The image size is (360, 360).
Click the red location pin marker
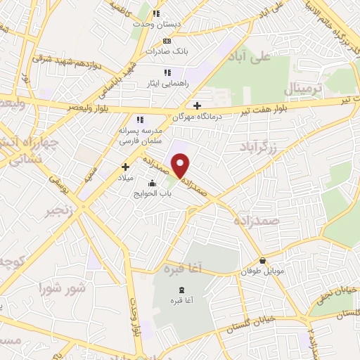click(x=181, y=166)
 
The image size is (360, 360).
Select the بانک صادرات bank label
click(x=164, y=51)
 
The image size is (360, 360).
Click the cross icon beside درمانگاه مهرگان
click(x=198, y=105)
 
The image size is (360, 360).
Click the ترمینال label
click(x=304, y=89)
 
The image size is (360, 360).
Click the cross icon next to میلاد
click(x=126, y=167)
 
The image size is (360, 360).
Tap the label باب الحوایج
click(x=153, y=193)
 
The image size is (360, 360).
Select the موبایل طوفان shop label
click(x=262, y=271)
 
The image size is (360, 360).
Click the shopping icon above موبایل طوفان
click(x=262, y=260)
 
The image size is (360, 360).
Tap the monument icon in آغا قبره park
click(x=182, y=290)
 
